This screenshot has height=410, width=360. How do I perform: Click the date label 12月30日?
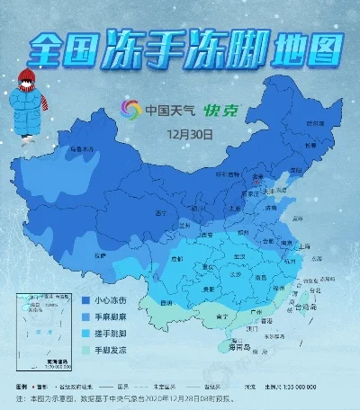point(193,135)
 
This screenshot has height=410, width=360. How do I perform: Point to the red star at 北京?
point(256,183)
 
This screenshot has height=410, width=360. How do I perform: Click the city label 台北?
point(313,290)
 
